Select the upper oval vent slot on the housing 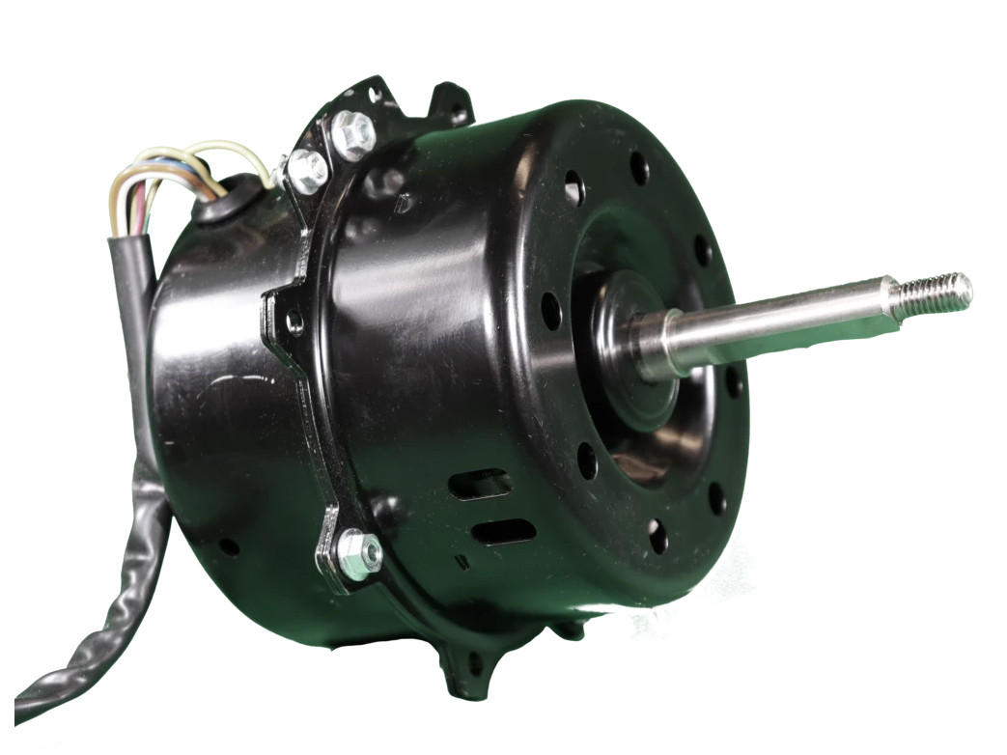481,483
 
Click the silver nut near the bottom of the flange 358,555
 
